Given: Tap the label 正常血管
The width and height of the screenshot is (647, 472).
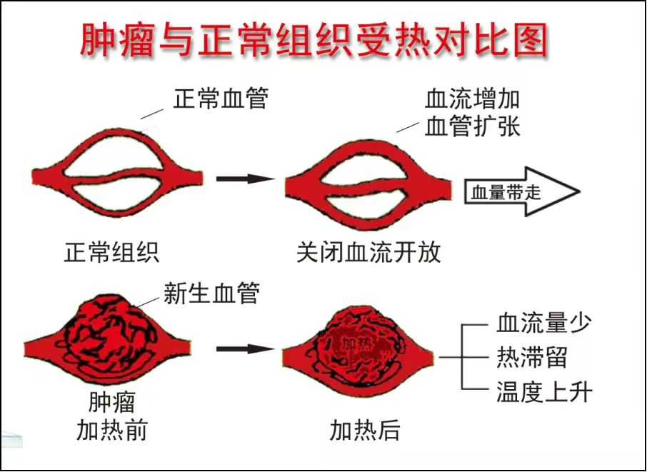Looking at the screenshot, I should click(220, 99).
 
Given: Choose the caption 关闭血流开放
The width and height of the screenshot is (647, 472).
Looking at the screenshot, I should click(368, 253).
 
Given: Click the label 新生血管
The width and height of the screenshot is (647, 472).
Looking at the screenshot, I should click(211, 293).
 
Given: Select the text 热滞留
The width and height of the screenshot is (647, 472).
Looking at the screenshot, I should click(532, 357).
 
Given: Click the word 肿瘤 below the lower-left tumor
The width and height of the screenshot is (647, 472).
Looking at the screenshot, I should click(112, 401).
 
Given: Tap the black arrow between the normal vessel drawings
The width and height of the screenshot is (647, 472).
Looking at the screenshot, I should click(245, 179).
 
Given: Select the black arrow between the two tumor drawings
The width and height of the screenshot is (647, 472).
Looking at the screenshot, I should click(245, 349).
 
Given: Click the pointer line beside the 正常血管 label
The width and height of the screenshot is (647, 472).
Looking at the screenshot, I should click(152, 111).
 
